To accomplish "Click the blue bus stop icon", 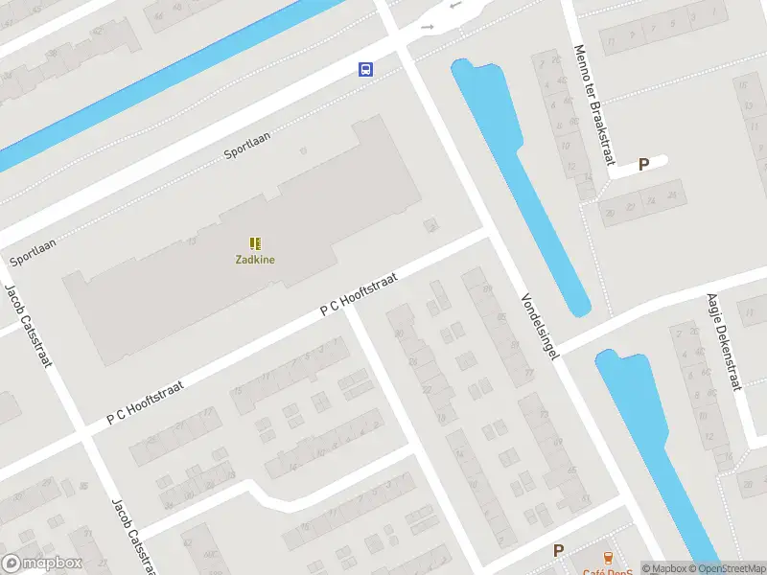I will point(365,68).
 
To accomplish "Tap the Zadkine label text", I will point(256,258).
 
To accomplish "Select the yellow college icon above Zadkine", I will point(256,243).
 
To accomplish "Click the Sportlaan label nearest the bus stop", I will point(247,146).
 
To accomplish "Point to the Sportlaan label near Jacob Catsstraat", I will point(33,252).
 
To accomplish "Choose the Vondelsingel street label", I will point(540,323).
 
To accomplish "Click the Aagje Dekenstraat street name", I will point(724,341).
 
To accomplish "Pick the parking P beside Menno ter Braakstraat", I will point(643,164).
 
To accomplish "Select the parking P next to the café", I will point(558,550).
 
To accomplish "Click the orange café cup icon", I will point(607,557).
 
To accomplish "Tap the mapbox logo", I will point(40,563).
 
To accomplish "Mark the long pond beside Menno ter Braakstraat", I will point(523,182).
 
